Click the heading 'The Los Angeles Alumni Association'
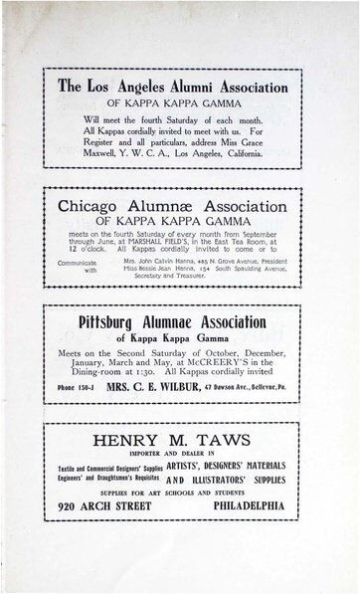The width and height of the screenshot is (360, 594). point(173,87)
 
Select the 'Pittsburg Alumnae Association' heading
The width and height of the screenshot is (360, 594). point(172,321)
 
